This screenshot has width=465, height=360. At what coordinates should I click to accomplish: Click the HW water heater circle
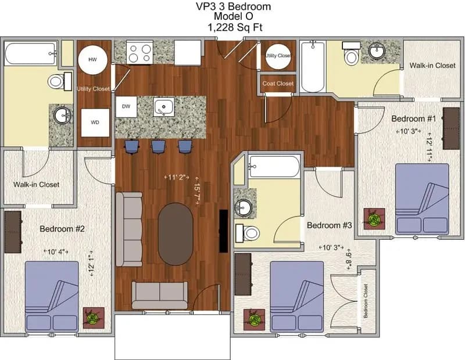pyautogui.click(x=92, y=60)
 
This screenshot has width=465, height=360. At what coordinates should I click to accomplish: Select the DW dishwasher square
pyautogui.click(x=126, y=106)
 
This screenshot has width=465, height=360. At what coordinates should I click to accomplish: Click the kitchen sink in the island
pyautogui.click(x=164, y=107)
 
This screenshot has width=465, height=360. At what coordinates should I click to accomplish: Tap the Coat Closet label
pyautogui.click(x=278, y=84)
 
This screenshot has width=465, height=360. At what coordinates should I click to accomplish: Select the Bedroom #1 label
pyautogui.click(x=413, y=118)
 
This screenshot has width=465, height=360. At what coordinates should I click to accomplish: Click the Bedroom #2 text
pyautogui.click(x=62, y=229)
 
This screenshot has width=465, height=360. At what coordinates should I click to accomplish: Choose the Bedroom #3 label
pyautogui.click(x=330, y=225)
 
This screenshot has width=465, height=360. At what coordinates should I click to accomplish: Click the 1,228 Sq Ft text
pyautogui.click(x=233, y=27)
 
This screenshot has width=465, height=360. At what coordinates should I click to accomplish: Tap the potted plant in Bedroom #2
pyautogui.click(x=93, y=318)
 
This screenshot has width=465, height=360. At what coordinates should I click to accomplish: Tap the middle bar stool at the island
pyautogui.click(x=158, y=146)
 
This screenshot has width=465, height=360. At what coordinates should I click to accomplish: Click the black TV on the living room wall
pyautogui.click(x=223, y=231)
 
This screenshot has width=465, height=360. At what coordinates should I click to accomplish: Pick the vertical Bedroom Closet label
pyautogui.click(x=366, y=301)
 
